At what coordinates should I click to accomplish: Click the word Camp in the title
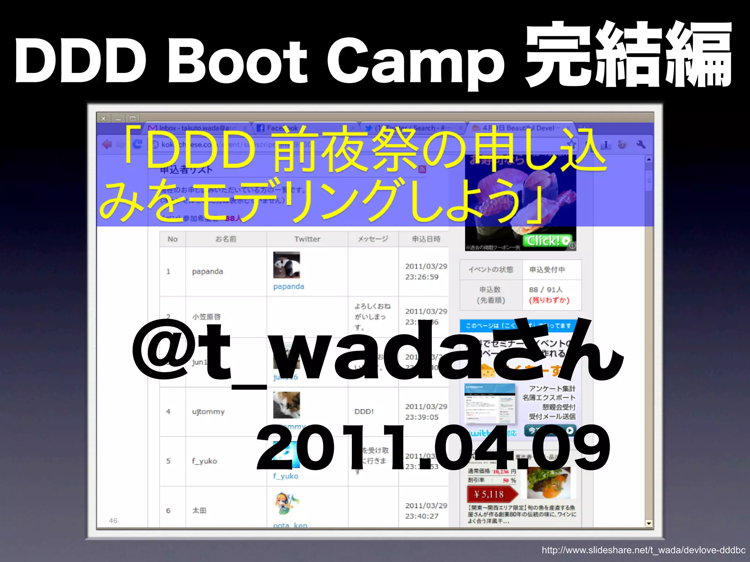pyautogui.click(x=416, y=62)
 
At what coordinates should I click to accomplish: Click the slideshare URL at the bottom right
pyautogui.click(x=643, y=550)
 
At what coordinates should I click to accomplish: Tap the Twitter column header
pyautogui.click(x=307, y=239)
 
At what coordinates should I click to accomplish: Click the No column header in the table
pyautogui.click(x=172, y=239)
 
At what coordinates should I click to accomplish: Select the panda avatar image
pyautogui.click(x=286, y=265)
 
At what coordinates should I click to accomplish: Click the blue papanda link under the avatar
pyautogui.click(x=289, y=286)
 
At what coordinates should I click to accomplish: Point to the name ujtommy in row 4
pyautogui.click(x=208, y=412)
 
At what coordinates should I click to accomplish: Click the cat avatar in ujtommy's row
pyautogui.click(x=286, y=405)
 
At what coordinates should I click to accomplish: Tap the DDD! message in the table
pyautogui.click(x=364, y=412)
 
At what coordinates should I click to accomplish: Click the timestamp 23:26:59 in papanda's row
pyautogui.click(x=422, y=277)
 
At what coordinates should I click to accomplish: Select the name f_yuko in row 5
pyautogui.click(x=204, y=461)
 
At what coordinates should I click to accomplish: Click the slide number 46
pyautogui.click(x=113, y=520)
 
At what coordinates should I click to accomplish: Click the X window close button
pyautogui.click(x=104, y=119)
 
